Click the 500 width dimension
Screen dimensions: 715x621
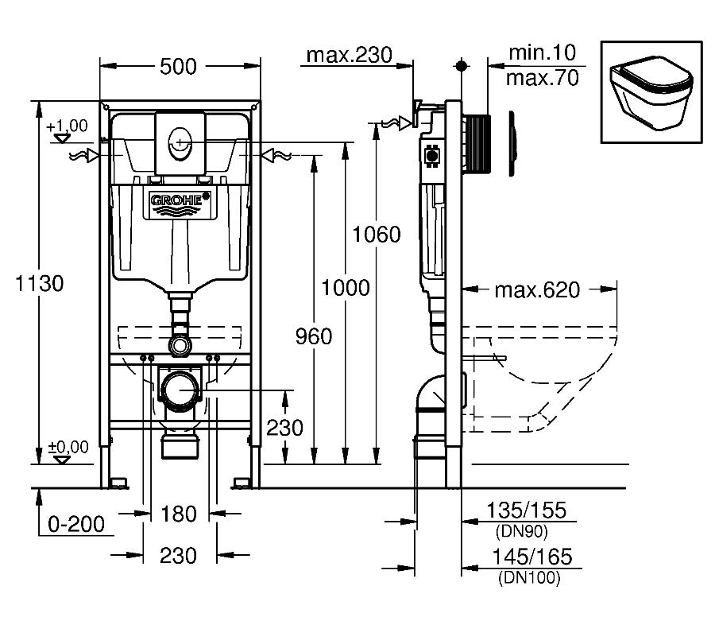pos(178,67)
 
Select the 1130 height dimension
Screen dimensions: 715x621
pos(39,283)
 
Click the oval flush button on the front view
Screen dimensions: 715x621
pos(180,143)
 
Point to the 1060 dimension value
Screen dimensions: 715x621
pos(377,235)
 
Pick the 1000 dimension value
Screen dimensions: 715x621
pos(346,288)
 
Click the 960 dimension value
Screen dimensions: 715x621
pos(314,336)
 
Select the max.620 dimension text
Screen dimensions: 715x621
pos(537,289)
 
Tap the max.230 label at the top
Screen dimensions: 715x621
pos(350,55)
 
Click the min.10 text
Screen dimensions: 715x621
pos(542,52)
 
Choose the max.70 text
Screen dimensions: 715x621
pos(542,78)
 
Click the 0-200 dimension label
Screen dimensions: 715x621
pos(76,524)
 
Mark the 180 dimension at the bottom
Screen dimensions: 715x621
pos(179,514)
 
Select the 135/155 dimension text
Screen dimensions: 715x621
pos(527,510)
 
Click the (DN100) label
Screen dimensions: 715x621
pos(529,577)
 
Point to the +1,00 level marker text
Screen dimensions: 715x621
pos(67,126)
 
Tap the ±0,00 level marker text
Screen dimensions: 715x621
pos(68,447)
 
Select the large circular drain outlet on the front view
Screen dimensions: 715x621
pos(180,390)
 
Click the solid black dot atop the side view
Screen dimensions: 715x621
pos(462,66)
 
